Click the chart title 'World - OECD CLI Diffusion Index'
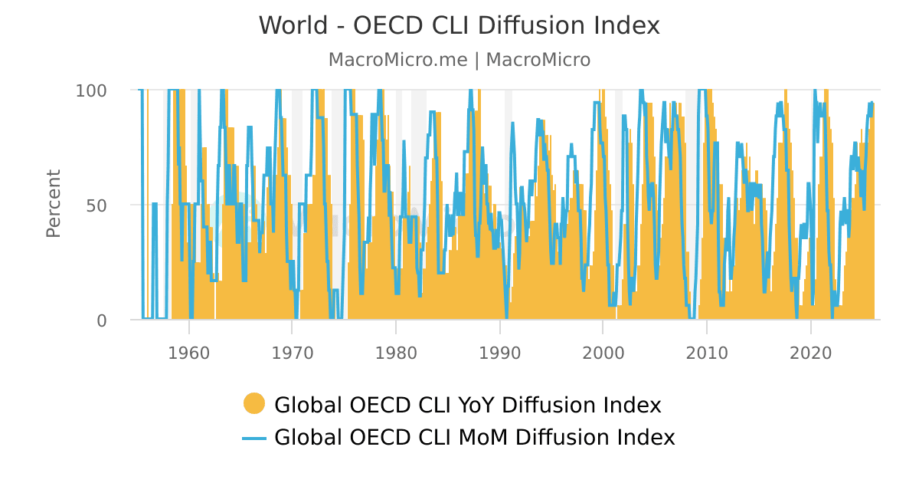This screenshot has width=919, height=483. click(459, 26)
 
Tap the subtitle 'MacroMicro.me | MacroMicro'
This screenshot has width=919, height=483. click(459, 60)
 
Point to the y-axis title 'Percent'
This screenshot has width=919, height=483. click(53, 204)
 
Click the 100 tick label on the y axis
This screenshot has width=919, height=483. click(90, 90)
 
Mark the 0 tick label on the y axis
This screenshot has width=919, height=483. click(101, 320)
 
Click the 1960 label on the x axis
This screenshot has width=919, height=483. click(188, 353)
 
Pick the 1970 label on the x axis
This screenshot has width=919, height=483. click(292, 353)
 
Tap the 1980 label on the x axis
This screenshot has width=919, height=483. click(396, 353)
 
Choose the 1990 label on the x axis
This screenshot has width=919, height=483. click(499, 353)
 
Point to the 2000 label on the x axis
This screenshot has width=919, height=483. click(603, 353)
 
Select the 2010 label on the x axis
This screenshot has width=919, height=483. click(706, 353)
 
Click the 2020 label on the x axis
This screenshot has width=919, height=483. click(810, 353)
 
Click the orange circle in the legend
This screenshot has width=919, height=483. click(254, 403)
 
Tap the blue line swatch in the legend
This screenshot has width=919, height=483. click(254, 438)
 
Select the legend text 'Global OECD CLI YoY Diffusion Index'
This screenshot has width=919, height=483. click(467, 405)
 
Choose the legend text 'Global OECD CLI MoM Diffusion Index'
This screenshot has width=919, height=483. click(474, 438)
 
